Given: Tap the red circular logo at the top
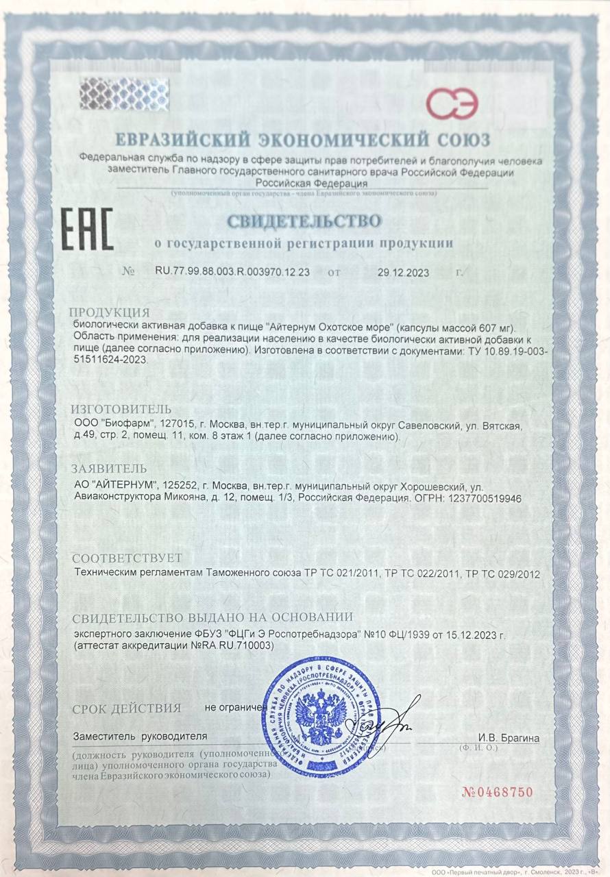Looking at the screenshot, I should click(x=452, y=103).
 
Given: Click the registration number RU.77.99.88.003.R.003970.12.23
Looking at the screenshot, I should click(x=234, y=272).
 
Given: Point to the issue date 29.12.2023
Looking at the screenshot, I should click(x=403, y=273).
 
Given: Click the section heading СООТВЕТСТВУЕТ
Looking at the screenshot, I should click(x=127, y=557).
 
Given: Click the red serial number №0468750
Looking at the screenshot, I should click(x=498, y=793).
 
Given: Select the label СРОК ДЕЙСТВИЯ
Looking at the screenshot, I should click(x=127, y=708).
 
